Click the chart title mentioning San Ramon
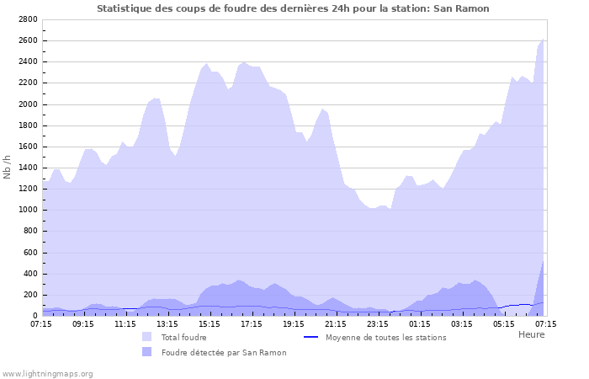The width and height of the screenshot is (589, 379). [x=293, y=8]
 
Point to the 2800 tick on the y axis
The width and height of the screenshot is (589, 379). [x=25, y=19]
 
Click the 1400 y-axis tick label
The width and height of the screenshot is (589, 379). [x=25, y=168]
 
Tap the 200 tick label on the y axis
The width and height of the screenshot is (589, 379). [x=29, y=295]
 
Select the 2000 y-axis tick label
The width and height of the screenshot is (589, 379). [x=25, y=104]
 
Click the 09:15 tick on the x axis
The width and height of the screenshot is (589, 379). [x=83, y=323]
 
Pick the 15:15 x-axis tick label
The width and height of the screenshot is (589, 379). [x=210, y=323]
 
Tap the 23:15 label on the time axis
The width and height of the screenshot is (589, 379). [x=377, y=323]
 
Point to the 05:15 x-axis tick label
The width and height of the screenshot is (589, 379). [x=503, y=323]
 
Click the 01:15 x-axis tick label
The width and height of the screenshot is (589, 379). [x=419, y=323]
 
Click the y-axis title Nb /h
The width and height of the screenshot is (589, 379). [x=8, y=167]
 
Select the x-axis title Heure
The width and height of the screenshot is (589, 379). [x=531, y=334]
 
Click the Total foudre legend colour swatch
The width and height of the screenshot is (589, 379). [x=148, y=337]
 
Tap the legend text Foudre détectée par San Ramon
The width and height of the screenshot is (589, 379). [x=224, y=352]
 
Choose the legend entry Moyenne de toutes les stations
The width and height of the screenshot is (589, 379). [x=385, y=337]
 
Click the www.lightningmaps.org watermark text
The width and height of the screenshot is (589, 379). [x=47, y=373]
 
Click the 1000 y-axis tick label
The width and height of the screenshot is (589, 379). [x=25, y=210]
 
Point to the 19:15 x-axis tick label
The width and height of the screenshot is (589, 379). [x=294, y=323]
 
